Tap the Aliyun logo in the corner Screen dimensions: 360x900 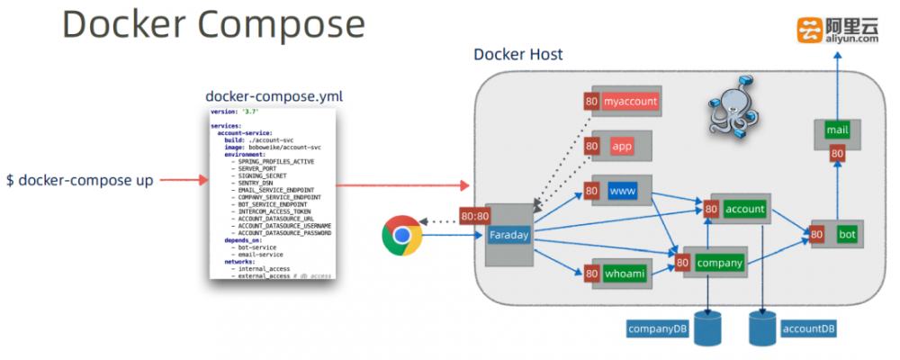[x=837, y=30]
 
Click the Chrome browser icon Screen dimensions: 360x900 [x=401, y=236]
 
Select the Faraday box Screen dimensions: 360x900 [x=509, y=236]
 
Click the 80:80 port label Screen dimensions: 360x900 [x=474, y=216]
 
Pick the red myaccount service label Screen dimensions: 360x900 [x=630, y=101]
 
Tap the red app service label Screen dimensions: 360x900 [x=622, y=146]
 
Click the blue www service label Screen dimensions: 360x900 [x=622, y=192]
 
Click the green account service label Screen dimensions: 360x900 [x=744, y=209]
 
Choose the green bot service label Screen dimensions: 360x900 [x=846, y=234]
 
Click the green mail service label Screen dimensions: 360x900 [x=837, y=130]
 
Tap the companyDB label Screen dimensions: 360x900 [x=658, y=328]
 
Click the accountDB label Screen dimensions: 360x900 [x=807, y=328]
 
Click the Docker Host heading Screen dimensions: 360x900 [x=517, y=55]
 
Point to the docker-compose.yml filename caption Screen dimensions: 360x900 [x=274, y=95]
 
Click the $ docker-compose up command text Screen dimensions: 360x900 [x=80, y=180]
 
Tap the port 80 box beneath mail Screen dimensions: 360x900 [x=837, y=154]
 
